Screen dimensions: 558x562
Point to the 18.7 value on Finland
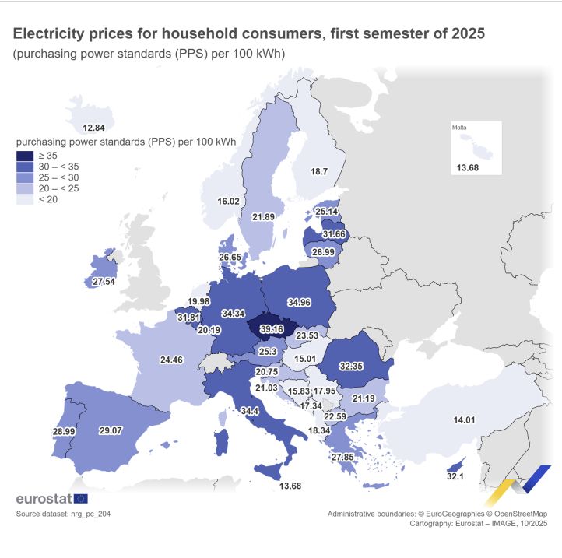pos(320,171)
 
